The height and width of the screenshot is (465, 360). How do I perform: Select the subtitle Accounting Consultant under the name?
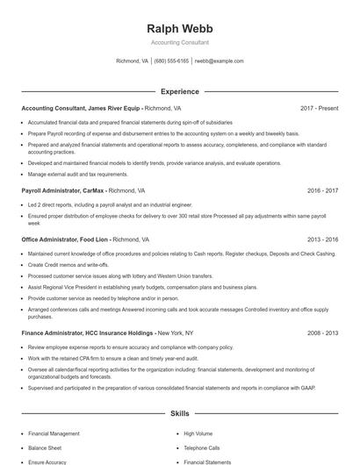pyautogui.click(x=179, y=42)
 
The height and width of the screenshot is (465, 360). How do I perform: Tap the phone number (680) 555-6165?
pyautogui.click(x=171, y=61)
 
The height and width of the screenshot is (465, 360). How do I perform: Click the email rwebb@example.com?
pyautogui.click(x=219, y=61)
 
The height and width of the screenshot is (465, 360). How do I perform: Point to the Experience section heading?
pyautogui.click(x=179, y=91)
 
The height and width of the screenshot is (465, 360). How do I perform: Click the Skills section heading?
pyautogui.click(x=179, y=412)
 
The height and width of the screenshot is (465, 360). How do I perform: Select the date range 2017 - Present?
pyautogui.click(x=319, y=108)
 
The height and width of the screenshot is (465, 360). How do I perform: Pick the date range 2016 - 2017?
pyautogui.click(x=322, y=190)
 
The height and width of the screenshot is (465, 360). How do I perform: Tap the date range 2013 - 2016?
pyautogui.click(x=322, y=239)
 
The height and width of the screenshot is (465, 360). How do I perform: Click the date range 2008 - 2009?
pyautogui.click(x=322, y=333)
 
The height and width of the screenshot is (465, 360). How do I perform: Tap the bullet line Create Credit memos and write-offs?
pyautogui.click(x=68, y=264)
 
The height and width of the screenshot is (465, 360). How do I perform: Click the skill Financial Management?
pyautogui.click(x=54, y=433)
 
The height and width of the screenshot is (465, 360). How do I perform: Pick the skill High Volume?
pyautogui.click(x=198, y=433)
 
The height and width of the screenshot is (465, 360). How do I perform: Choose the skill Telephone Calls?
pyautogui.click(x=202, y=447)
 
